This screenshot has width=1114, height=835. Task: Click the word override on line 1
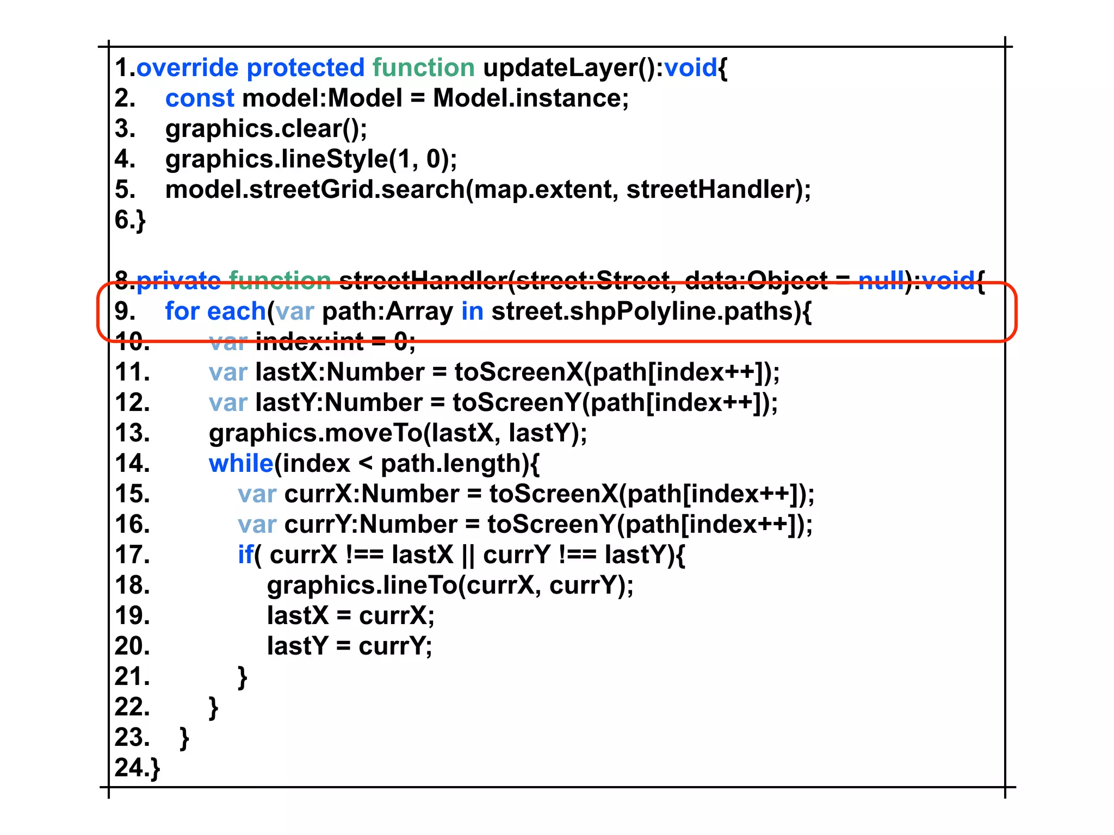[187, 68]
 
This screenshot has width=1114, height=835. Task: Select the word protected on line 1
[305, 68]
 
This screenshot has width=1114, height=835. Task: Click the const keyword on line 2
[200, 98]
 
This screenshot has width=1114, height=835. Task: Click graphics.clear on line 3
[253, 129]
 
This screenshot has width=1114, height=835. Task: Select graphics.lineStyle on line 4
[276, 159]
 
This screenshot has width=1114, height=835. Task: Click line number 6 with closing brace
[130, 220]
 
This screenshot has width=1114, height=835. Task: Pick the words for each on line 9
[215, 311]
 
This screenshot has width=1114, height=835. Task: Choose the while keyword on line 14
[241, 464]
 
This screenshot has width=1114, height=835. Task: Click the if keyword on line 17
[245, 555]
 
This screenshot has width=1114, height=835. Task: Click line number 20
[132, 646]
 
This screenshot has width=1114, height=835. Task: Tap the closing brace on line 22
[213, 708]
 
